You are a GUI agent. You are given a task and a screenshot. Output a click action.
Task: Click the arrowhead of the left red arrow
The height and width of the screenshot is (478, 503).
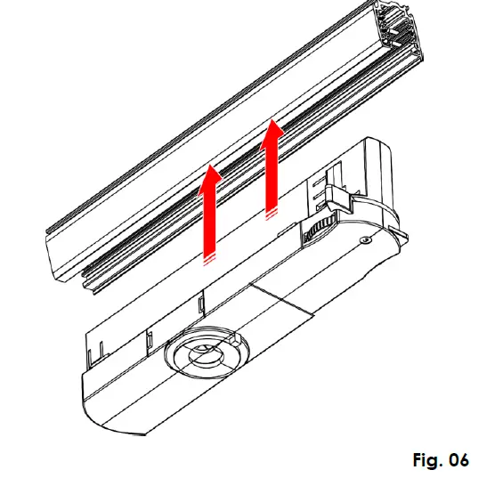coord(209,173)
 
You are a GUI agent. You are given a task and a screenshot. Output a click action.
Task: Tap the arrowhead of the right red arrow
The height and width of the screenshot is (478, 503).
coord(273,129)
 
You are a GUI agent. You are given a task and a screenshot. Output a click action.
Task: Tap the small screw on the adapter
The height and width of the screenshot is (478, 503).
coord(364,239)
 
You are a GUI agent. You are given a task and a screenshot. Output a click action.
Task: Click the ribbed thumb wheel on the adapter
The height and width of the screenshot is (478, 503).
coord(312,233)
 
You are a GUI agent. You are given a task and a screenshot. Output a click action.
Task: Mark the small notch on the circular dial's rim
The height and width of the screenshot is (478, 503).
coord(235,341)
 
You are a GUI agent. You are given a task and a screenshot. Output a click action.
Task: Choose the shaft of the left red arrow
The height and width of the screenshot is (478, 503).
coord(209,218)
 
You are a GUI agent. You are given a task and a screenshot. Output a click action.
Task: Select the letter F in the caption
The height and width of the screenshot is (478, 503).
coord(418,459)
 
